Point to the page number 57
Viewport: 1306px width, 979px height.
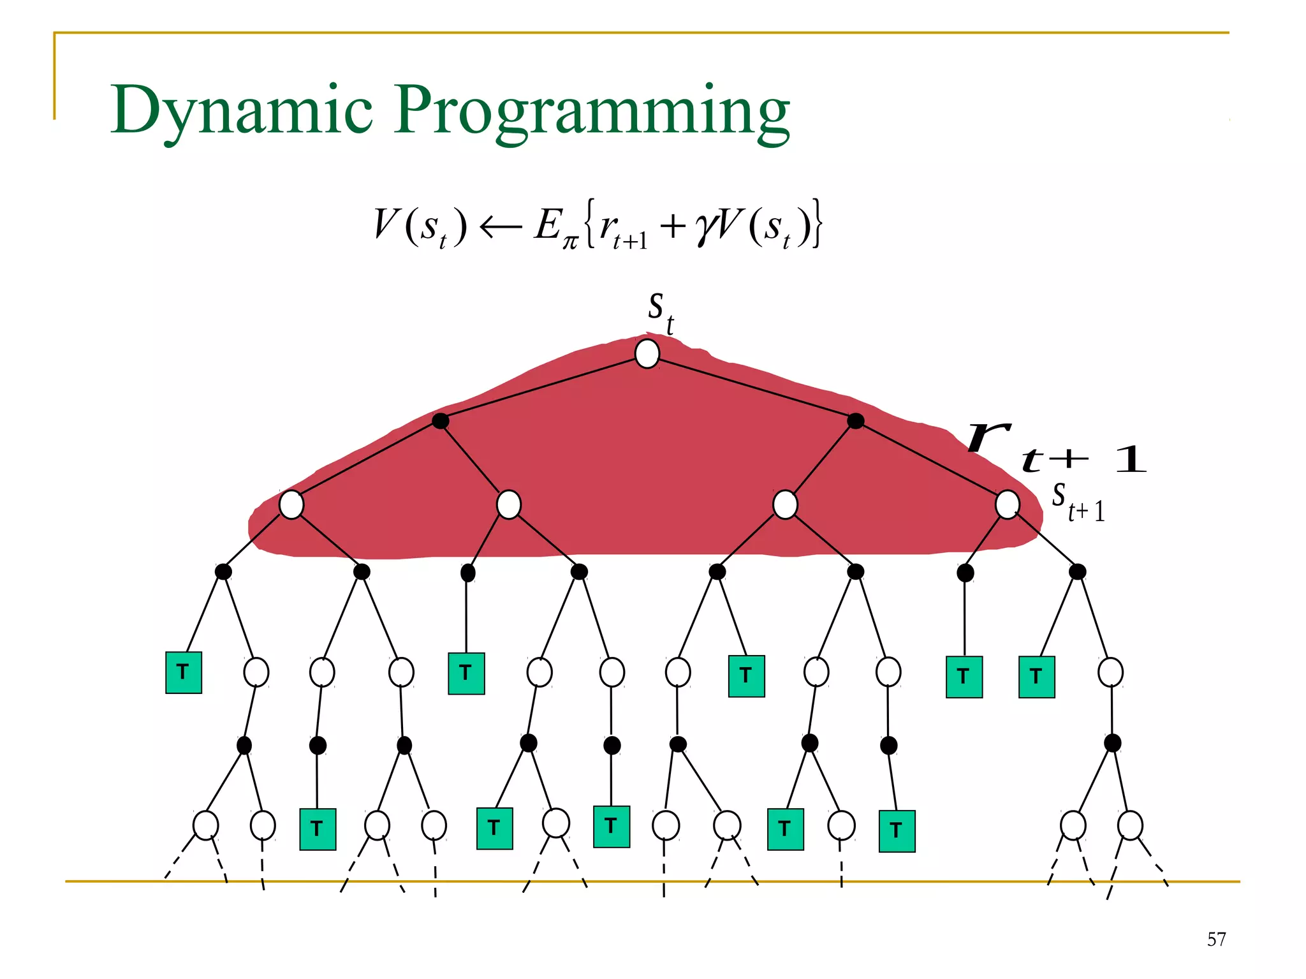(1216, 939)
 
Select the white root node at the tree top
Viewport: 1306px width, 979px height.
(647, 353)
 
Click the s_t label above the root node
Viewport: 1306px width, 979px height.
(660, 312)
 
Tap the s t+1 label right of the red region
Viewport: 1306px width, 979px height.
(1078, 502)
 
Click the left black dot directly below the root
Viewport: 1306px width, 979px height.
(440, 421)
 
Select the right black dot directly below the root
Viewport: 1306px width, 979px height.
(856, 421)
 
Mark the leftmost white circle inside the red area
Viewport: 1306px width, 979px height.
(291, 504)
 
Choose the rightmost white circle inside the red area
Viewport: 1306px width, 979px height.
(1007, 504)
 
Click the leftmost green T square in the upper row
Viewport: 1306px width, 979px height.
(184, 672)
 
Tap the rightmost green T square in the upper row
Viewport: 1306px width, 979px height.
(1036, 677)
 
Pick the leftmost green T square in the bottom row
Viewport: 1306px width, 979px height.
(318, 829)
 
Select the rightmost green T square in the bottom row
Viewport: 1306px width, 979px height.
(897, 831)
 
